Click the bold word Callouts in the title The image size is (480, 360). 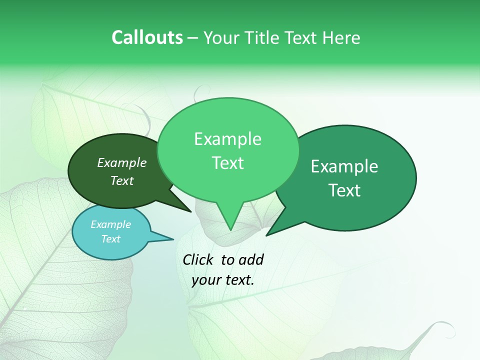[x=147, y=37]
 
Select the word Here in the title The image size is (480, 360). [x=341, y=38]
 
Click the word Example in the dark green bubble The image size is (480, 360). [x=121, y=162]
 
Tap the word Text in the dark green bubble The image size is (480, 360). [x=121, y=180]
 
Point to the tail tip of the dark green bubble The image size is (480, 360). [x=190, y=211]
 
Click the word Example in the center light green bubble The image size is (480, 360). [x=227, y=139]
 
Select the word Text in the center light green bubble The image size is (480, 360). [x=227, y=162]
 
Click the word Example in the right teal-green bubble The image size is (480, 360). [x=344, y=166]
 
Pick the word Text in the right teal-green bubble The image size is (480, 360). [x=344, y=190]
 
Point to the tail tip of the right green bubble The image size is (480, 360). [x=267, y=235]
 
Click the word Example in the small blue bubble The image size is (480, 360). [x=110, y=224]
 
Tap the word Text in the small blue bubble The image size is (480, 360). [x=110, y=239]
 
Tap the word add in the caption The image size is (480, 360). [x=250, y=259]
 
